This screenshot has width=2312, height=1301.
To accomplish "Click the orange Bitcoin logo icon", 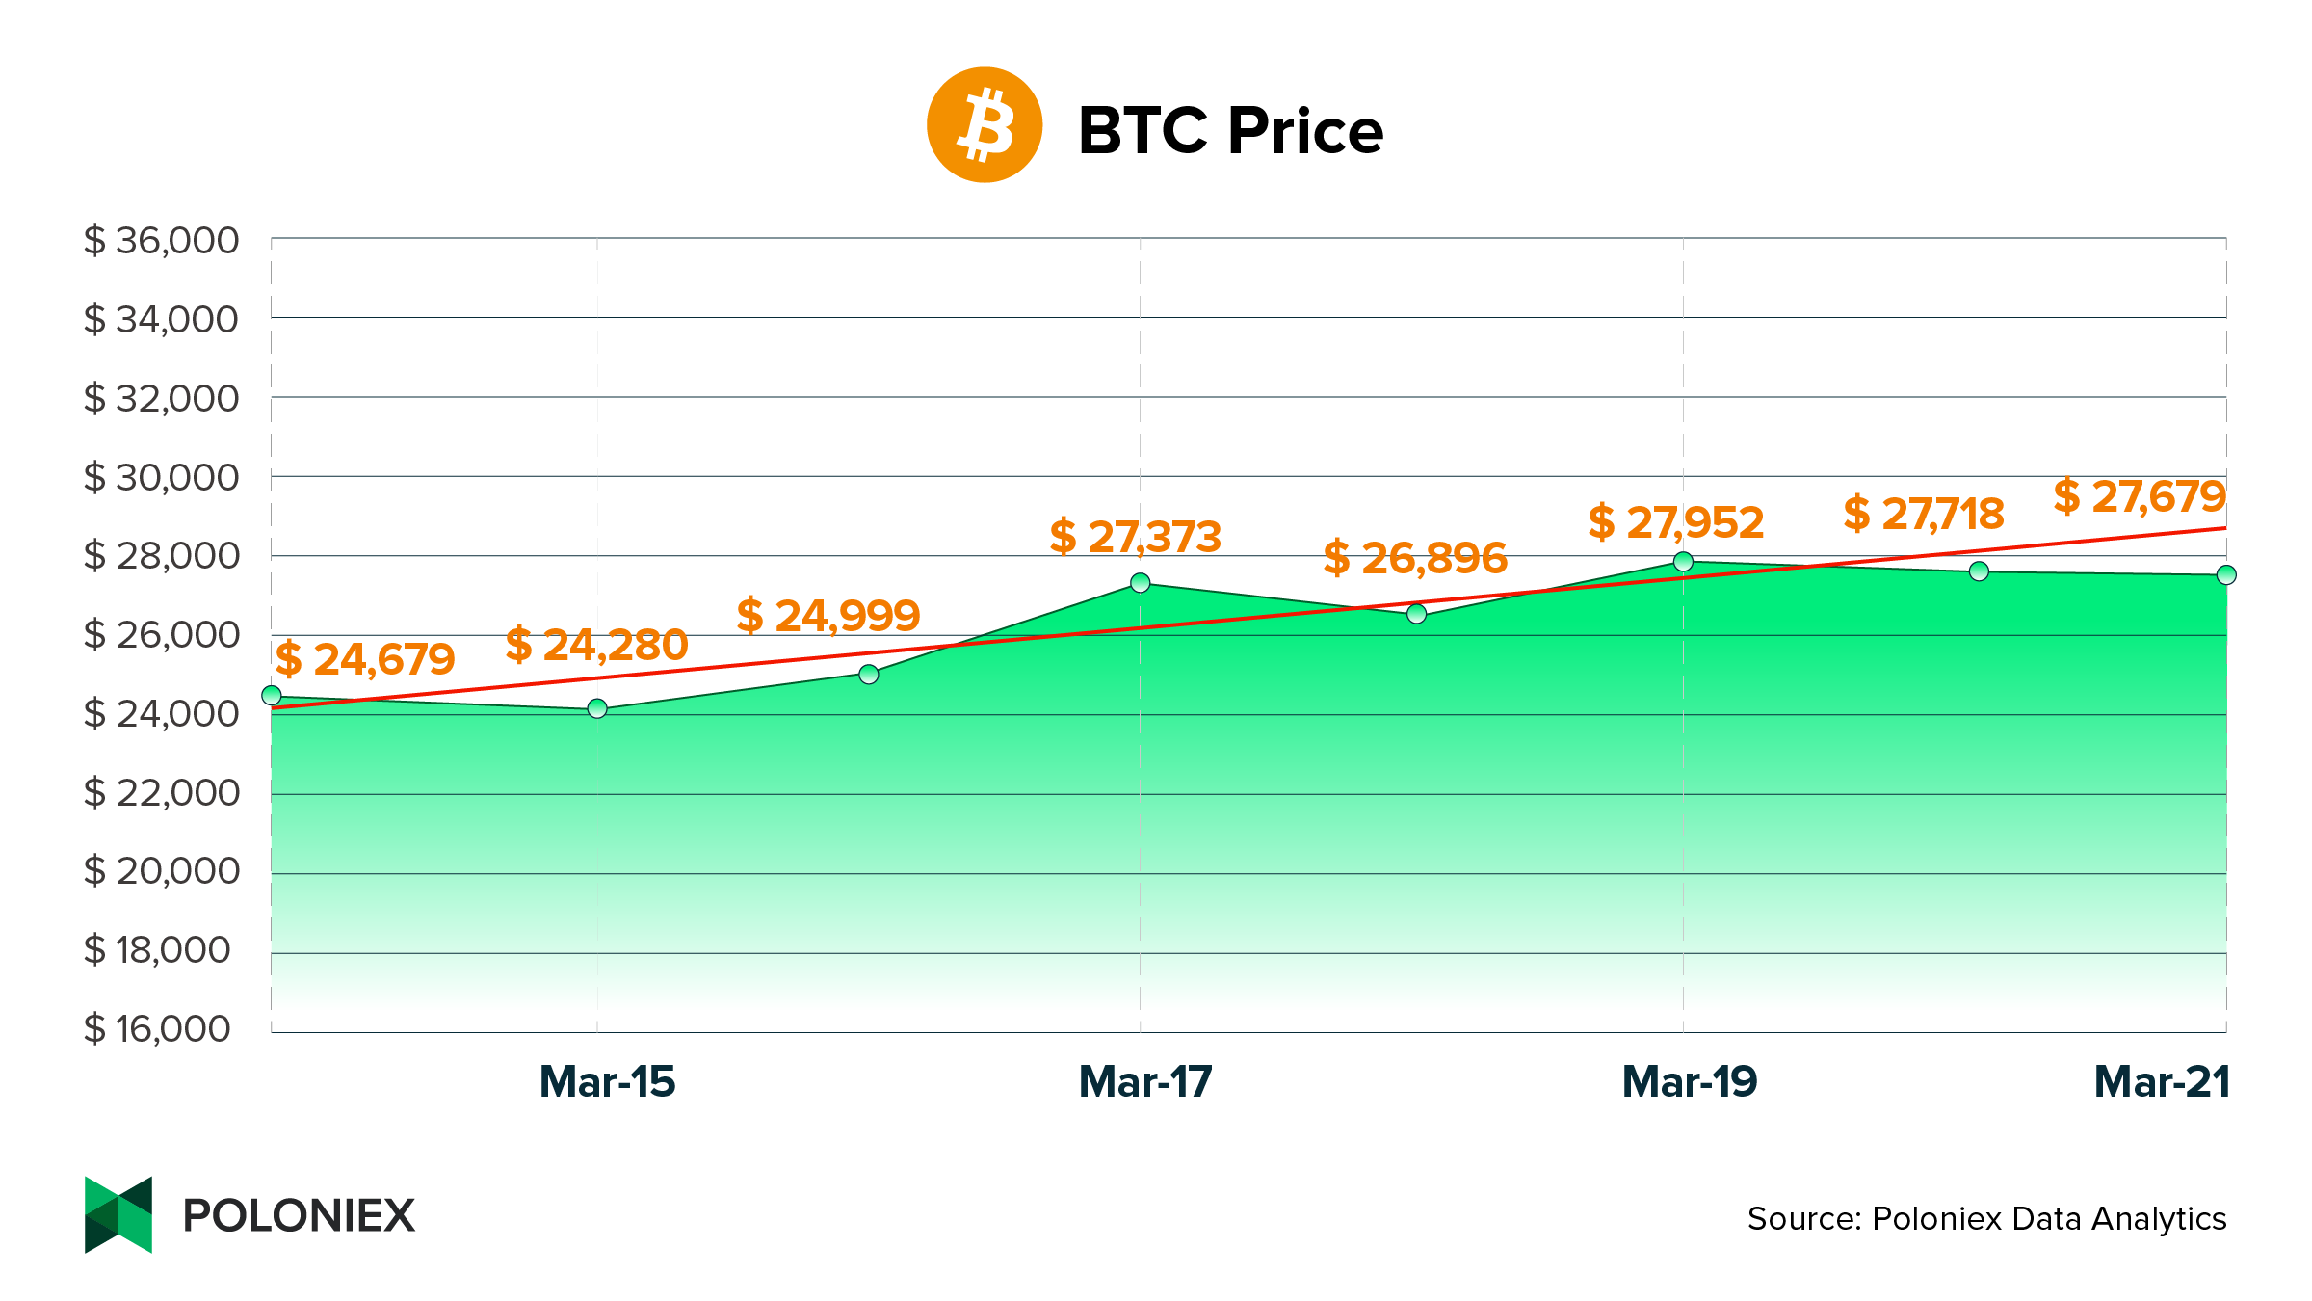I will point(984,125).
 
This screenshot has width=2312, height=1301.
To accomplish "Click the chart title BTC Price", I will point(1230,130).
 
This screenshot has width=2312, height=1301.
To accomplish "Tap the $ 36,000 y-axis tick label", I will point(161,240).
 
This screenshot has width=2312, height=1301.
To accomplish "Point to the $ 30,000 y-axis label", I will point(161,477).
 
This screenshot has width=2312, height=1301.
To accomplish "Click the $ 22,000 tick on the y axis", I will point(161,792).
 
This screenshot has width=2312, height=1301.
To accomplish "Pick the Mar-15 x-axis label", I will point(607,1082).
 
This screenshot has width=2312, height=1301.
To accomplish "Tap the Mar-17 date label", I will point(1145,1082).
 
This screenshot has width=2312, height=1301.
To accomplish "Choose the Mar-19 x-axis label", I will point(1690,1082).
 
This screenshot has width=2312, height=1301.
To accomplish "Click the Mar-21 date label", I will point(2162,1082).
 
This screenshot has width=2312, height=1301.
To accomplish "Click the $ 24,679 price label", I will point(365,659).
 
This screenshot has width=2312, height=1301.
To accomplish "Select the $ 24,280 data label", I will point(596,645).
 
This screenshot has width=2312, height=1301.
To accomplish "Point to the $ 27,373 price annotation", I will point(1136,537).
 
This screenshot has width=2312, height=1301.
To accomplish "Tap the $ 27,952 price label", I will point(1676,522).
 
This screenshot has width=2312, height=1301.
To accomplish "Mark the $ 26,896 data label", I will point(1415,558).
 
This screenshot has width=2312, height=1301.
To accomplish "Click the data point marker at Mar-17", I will point(1141,583).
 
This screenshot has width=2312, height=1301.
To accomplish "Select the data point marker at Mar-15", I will point(597,709).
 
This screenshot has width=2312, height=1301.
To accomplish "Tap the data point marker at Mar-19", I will point(1683,562).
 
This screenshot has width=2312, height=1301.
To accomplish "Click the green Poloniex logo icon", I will point(118,1214).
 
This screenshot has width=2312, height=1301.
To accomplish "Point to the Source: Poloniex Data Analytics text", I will point(1986,1219).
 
